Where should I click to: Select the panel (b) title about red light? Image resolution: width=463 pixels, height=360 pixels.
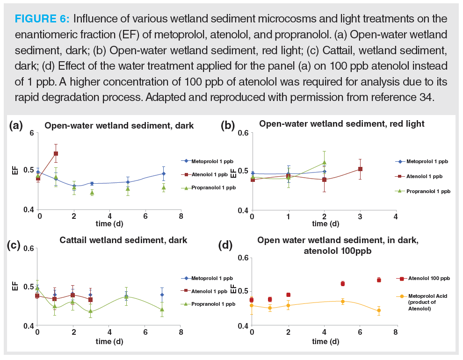[x=341, y=124]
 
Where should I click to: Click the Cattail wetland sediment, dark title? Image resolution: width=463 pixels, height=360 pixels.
[x=123, y=240]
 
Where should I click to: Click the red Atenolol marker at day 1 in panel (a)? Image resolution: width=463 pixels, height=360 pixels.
[x=56, y=153]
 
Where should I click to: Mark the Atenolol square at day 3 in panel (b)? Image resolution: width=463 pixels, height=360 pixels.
[x=360, y=169]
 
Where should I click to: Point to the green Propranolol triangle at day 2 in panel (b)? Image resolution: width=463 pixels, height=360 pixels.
[x=324, y=163]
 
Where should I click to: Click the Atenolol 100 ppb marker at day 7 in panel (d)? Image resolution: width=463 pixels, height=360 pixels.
[x=379, y=280]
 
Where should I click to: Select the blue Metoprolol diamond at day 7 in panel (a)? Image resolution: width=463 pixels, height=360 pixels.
[x=164, y=173]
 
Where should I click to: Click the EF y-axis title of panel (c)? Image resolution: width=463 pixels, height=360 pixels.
[x=15, y=286]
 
